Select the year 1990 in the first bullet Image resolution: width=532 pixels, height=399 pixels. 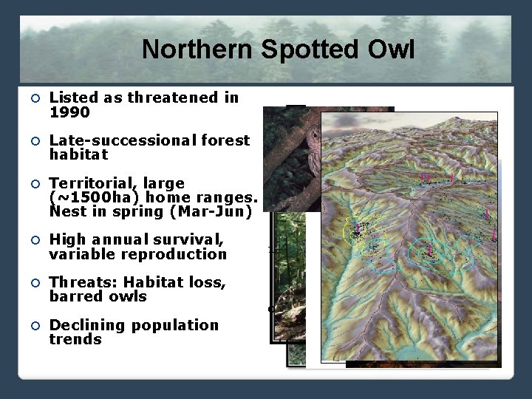pyautogui.click(x=69, y=112)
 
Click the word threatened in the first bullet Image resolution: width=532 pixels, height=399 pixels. pyautogui.click(x=168, y=98)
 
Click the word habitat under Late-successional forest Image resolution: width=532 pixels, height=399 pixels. pyautogui.click(x=78, y=155)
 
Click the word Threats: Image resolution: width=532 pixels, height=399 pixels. pyautogui.click(x=82, y=282)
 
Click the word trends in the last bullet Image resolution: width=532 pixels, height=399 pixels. pyautogui.click(x=75, y=340)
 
